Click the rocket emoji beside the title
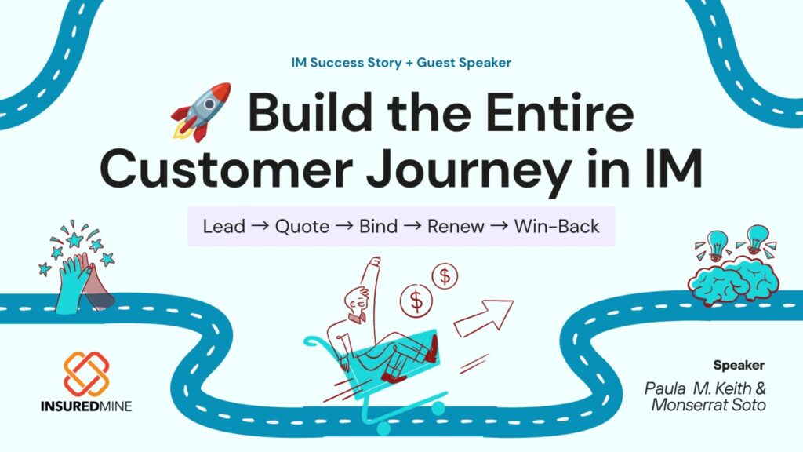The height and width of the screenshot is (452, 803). pyautogui.click(x=202, y=111)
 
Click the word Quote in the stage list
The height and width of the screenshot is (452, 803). pyautogui.click(x=302, y=226)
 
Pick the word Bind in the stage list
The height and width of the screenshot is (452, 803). pyautogui.click(x=379, y=226)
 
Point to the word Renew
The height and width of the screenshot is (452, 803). pyautogui.click(x=456, y=227)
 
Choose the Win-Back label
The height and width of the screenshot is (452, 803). pyautogui.click(x=557, y=226)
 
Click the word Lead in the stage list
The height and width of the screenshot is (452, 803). pyautogui.click(x=224, y=226)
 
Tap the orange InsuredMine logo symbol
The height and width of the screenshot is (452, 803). pyautogui.click(x=86, y=374)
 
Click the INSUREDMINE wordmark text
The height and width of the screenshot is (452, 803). pyautogui.click(x=86, y=406)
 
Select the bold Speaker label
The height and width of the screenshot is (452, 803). pyautogui.click(x=739, y=366)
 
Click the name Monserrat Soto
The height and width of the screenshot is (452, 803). pyautogui.click(x=708, y=405)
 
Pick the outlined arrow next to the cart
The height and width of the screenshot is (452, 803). pyautogui.click(x=483, y=319)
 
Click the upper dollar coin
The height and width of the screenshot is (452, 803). pyautogui.click(x=445, y=276)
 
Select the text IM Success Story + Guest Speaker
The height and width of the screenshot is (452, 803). pyautogui.click(x=401, y=63)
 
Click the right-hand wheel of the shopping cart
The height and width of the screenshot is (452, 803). pyautogui.click(x=438, y=408)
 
